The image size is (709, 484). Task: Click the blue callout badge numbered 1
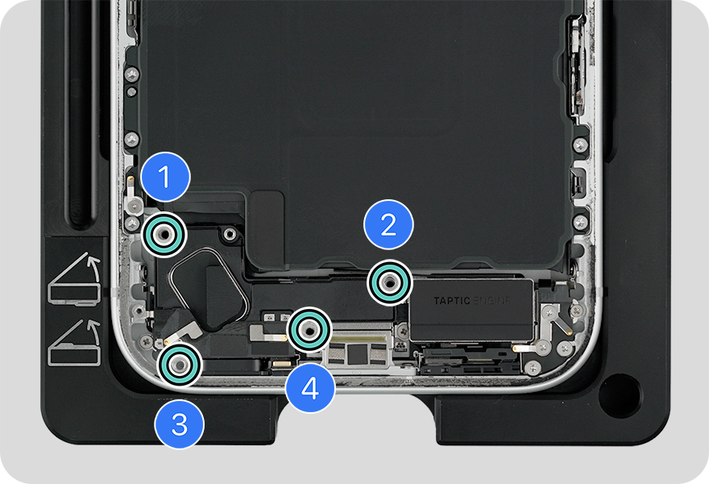click(165, 177)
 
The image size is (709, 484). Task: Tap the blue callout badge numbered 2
click(388, 224)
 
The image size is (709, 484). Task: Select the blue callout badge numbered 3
click(180, 424)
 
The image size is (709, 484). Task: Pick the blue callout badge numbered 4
click(310, 387)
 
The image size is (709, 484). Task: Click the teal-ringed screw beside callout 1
click(164, 235)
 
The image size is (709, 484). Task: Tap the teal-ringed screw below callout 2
click(390, 283)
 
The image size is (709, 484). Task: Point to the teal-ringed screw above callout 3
click(180, 365)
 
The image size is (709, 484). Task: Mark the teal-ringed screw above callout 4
click(309, 330)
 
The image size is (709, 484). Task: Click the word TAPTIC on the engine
click(452, 301)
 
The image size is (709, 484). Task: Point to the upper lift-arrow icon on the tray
click(75, 279)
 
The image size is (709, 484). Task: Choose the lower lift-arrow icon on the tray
click(75, 342)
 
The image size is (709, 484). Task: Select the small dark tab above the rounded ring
click(267, 227)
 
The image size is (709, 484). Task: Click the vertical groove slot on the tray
click(82, 113)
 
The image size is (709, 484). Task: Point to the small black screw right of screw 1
click(230, 234)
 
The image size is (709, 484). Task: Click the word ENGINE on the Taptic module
click(491, 301)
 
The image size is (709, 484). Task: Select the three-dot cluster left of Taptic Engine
click(400, 348)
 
